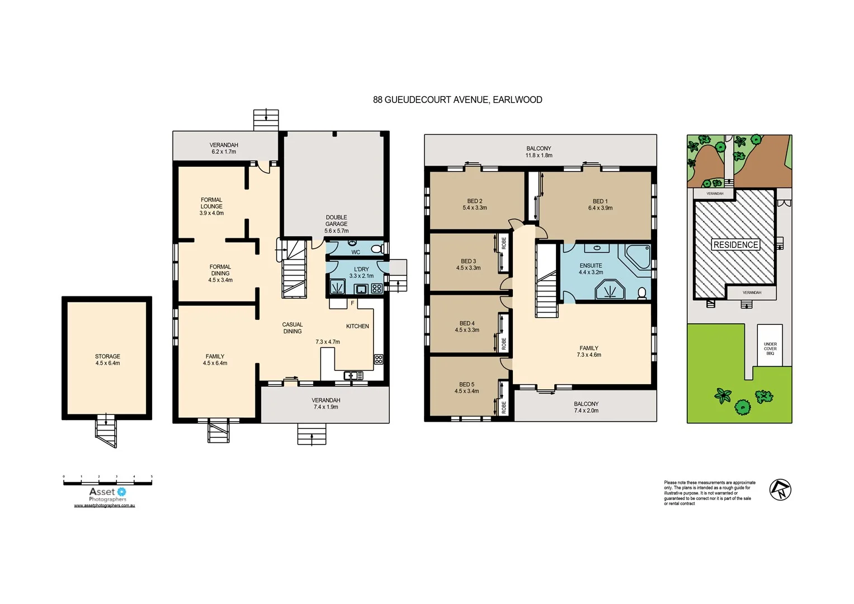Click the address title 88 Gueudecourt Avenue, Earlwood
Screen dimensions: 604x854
(x=457, y=100)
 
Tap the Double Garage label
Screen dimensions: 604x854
(x=336, y=224)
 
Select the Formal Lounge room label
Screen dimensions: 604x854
(x=211, y=206)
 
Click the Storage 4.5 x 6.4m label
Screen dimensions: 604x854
(x=107, y=360)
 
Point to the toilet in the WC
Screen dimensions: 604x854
(x=376, y=248)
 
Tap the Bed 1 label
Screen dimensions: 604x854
(x=600, y=204)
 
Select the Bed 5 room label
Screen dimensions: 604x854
(x=466, y=388)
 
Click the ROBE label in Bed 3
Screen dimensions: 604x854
(x=504, y=243)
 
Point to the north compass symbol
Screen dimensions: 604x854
(x=780, y=490)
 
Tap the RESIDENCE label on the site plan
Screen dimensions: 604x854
(x=735, y=244)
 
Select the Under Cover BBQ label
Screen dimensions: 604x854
(x=770, y=348)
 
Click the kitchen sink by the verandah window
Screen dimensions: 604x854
(x=353, y=375)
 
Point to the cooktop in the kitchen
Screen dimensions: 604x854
(x=379, y=360)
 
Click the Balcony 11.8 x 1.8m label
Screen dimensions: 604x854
(x=539, y=152)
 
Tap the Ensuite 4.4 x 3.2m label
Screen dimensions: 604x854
(x=591, y=269)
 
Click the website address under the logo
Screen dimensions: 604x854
(x=105, y=506)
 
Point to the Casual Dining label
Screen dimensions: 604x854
(x=292, y=328)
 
